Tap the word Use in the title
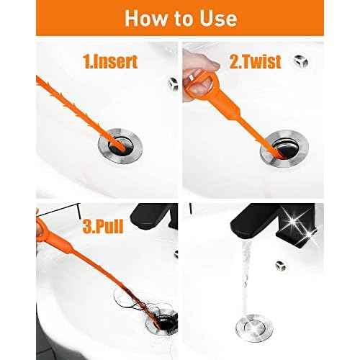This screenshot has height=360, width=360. click(221, 19)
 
